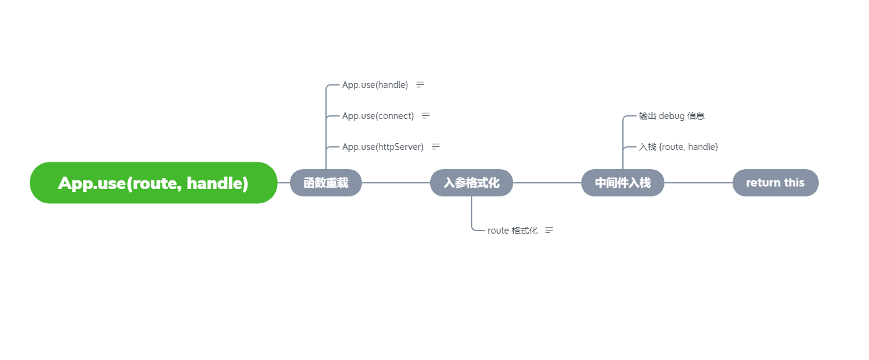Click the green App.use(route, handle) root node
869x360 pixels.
pyautogui.click(x=153, y=183)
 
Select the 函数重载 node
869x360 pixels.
pyautogui.click(x=325, y=183)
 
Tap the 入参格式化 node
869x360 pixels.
pyautogui.click(x=471, y=183)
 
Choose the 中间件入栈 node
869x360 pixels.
pyautogui.click(x=622, y=183)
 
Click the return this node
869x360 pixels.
pyautogui.click(x=775, y=183)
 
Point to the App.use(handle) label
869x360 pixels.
pyautogui.click(x=375, y=85)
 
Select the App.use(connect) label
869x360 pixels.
pyautogui.click(x=377, y=116)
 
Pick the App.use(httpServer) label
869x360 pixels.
pyautogui.click(x=382, y=147)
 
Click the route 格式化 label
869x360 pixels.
pyautogui.click(x=512, y=230)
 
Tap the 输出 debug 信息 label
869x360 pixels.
pyautogui.click(x=671, y=116)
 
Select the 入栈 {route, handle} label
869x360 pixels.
pyautogui.click(x=678, y=147)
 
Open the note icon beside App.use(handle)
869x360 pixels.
pyautogui.click(x=420, y=85)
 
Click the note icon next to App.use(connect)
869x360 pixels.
pyautogui.click(x=426, y=116)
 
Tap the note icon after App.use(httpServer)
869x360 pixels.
pyautogui.click(x=436, y=147)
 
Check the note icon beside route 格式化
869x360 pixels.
pyautogui.click(x=549, y=230)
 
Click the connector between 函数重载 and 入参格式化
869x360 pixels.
pyautogui.click(x=395, y=183)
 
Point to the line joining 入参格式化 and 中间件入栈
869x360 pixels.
pyautogui.click(x=547, y=183)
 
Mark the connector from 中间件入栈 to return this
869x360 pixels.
pyautogui.click(x=698, y=183)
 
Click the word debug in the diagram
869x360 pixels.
pyautogui.click(x=672, y=116)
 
